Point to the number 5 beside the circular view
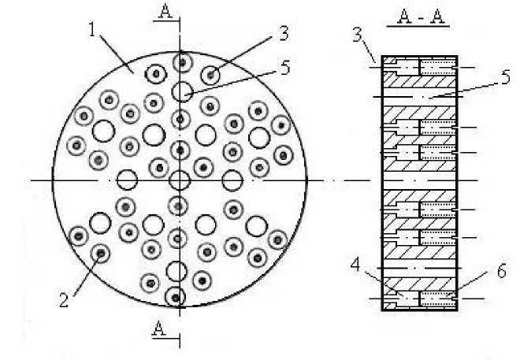[284, 69]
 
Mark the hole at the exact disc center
[180, 180]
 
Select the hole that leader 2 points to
[100, 254]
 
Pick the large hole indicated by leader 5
[182, 91]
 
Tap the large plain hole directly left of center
[126, 180]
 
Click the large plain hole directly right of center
[232, 180]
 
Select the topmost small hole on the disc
[182, 61]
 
